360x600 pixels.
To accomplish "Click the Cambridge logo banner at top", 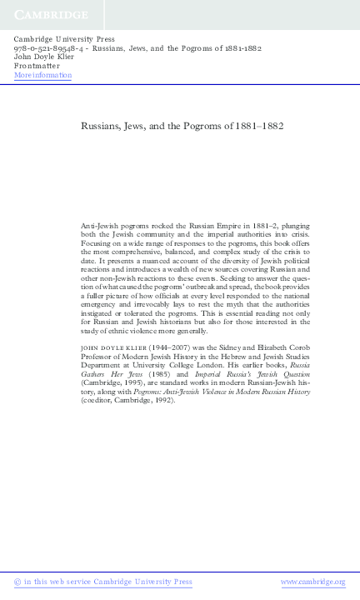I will point(50,15).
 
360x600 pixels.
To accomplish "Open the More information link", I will point(43,75).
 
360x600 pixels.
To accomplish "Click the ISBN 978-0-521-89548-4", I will point(47,47).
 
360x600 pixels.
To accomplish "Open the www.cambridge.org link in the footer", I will point(312,582).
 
